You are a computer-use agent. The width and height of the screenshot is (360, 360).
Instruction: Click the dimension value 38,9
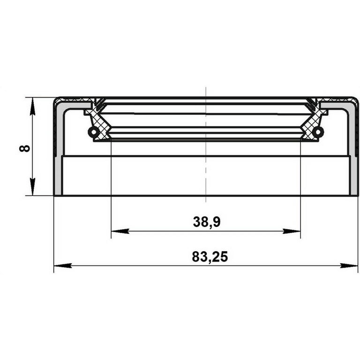206,222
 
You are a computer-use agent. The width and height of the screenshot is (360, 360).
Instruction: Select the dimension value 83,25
210,257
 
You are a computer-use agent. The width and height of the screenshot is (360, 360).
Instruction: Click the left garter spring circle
93,132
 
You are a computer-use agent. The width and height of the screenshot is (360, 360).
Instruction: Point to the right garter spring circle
318,132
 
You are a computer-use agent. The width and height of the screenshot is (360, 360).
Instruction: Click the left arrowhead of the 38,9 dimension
120,231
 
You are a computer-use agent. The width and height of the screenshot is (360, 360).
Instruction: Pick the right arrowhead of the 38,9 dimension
292,231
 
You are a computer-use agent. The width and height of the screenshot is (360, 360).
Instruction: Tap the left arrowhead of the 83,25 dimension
63,266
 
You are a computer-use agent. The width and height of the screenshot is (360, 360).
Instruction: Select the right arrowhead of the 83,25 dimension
349,266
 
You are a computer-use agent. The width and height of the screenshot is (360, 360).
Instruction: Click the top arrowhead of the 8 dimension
33,106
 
